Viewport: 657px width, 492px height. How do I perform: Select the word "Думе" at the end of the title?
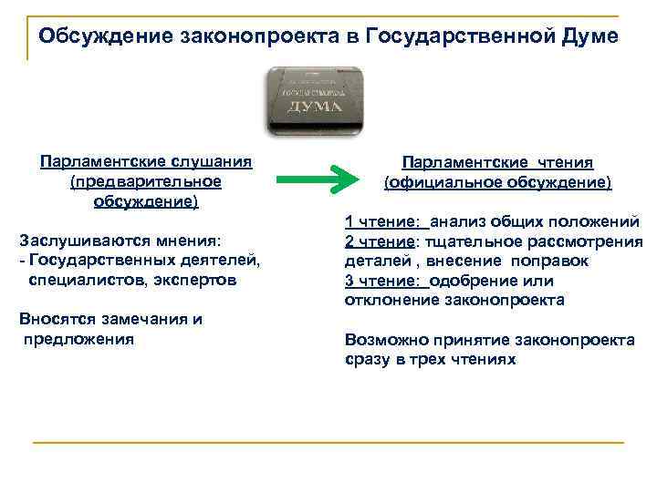585,36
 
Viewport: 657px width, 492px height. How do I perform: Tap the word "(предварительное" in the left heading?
146,181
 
